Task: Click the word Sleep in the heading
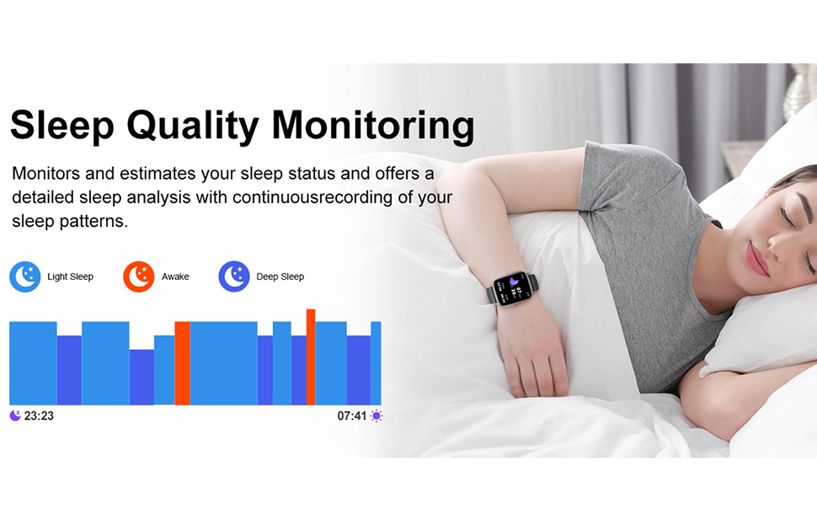point(61,126)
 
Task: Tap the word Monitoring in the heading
point(372,126)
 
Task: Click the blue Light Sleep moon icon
point(25,277)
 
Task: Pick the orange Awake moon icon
point(139,277)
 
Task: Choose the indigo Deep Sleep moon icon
point(234,277)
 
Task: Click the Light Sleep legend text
point(70,277)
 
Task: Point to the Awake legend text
point(175,277)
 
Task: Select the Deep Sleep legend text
point(280,277)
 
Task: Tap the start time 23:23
point(39,416)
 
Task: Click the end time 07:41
point(352,416)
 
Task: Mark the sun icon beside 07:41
point(376,416)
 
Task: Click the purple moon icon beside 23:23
point(15,416)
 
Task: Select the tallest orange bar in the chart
point(311,357)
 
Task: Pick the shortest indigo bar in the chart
point(142,377)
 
